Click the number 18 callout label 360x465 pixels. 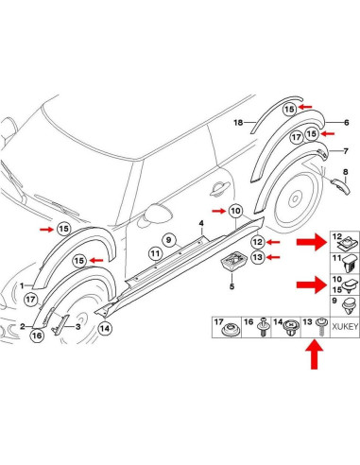[x=238, y=122]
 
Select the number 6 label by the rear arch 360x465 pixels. [x=347, y=122]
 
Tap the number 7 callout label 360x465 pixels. [x=346, y=151]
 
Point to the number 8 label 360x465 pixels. [x=346, y=172]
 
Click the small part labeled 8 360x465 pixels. [x=340, y=186]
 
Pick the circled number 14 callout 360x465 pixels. [x=105, y=329]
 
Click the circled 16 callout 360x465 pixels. [x=37, y=336]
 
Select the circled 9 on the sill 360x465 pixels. [x=169, y=240]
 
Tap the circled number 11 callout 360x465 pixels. [x=155, y=253]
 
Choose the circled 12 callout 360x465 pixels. [x=258, y=242]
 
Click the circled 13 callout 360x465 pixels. [x=258, y=257]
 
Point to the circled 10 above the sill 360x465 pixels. [x=235, y=211]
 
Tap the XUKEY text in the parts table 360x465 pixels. [x=345, y=327]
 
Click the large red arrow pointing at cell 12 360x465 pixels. [x=312, y=242]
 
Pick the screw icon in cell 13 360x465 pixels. [x=321, y=327]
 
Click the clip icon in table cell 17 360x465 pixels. [x=230, y=330]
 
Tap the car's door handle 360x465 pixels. [x=219, y=189]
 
